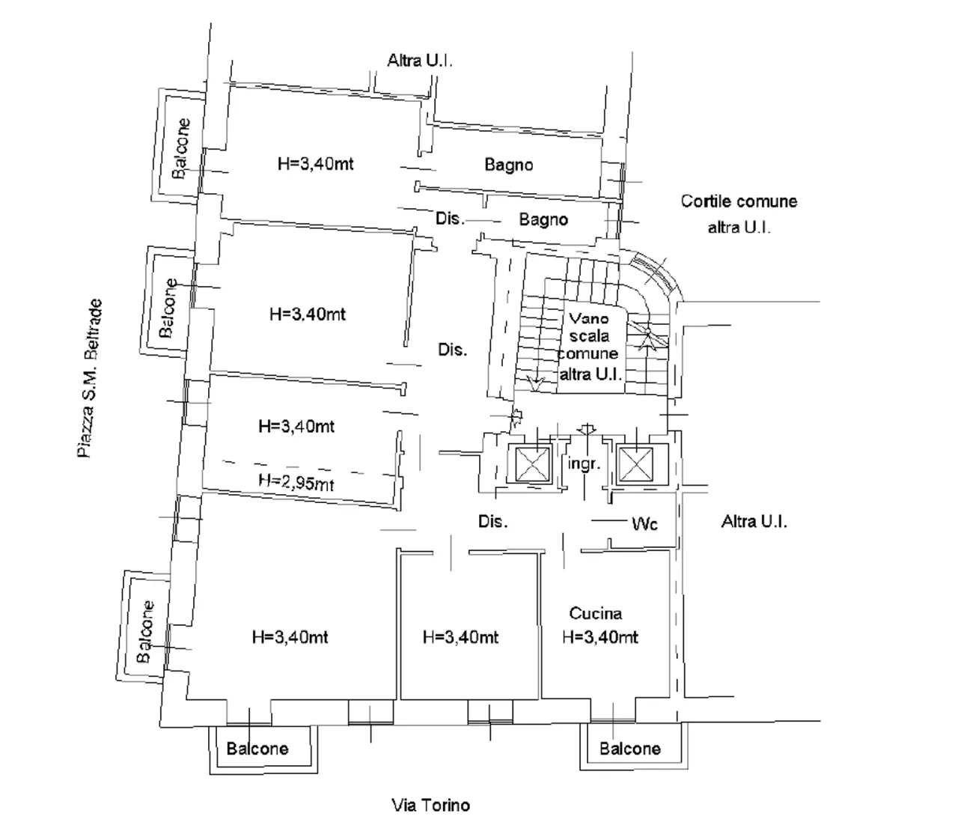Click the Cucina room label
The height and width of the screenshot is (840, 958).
pos(595,613)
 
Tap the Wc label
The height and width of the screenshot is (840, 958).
pos(644,523)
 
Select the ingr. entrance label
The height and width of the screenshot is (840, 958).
pos(584,463)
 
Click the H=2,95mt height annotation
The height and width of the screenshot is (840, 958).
pos(296,481)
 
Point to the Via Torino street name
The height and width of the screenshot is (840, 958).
pos(431,805)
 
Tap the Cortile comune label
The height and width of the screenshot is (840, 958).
pos(739,201)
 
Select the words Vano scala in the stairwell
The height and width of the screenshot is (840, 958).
pos(589,327)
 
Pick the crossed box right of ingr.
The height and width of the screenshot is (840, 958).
pos(635,465)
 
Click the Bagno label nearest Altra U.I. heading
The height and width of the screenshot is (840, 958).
pos(509,165)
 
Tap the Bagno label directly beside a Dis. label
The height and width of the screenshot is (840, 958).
pos(543,219)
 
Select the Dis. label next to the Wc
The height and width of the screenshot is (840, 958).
pos(492,521)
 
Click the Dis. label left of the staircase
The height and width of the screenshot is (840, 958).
pos(452,350)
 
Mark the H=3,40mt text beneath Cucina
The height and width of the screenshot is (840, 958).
pos(600,637)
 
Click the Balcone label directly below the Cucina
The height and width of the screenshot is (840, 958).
pos(630,749)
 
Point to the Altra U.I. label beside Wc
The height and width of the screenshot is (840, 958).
pos(754,521)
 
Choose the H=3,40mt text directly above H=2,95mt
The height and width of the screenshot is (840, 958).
pos(296,426)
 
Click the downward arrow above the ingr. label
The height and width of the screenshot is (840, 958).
pos(588,430)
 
